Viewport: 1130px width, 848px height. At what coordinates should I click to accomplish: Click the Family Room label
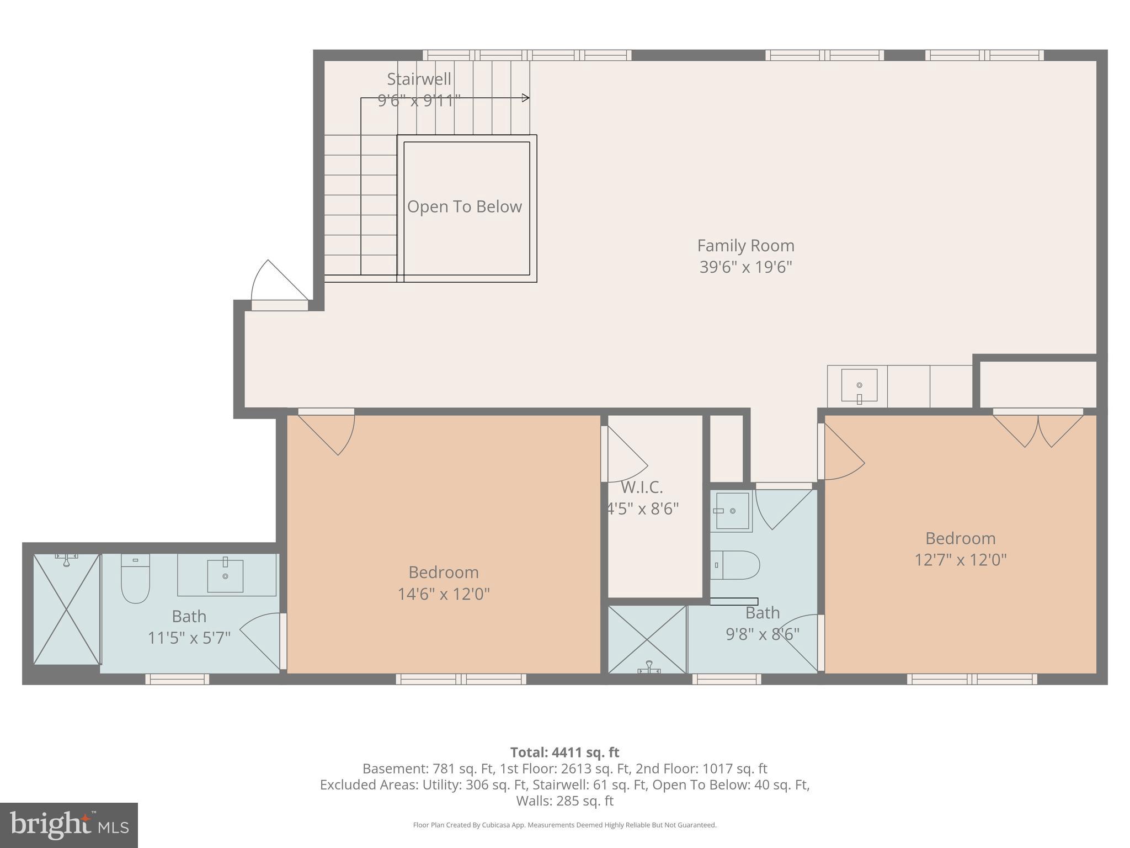pos(745,246)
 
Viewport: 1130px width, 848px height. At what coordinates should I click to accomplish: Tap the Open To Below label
pos(464,206)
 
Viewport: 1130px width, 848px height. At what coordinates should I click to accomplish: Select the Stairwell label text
pos(419,79)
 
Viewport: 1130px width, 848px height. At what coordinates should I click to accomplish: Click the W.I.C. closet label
pos(642,487)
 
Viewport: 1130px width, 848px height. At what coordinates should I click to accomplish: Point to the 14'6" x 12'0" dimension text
pos(444,594)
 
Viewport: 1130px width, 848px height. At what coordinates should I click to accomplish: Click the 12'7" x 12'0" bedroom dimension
pos(960,560)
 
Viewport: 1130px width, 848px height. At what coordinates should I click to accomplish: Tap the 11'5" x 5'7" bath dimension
pos(189,638)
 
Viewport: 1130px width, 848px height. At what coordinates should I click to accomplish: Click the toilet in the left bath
pos(135,580)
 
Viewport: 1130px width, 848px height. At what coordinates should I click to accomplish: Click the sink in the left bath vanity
pos(225,575)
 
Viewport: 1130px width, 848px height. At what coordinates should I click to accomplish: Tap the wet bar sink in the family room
pos(859,385)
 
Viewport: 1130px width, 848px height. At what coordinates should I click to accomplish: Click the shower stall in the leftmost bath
pos(67,609)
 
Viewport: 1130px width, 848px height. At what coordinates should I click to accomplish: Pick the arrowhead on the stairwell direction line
pos(526,98)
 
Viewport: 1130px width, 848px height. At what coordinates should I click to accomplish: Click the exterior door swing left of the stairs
pos(276,283)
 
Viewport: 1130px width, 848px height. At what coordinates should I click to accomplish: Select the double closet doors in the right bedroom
pos(1038,430)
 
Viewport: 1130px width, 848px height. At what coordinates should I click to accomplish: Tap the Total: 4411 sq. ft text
pos(564,752)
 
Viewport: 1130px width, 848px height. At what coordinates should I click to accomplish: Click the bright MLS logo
pos(69,825)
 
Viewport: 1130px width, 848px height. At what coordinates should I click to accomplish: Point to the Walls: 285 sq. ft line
pos(564,801)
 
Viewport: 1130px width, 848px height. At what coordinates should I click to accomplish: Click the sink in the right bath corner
pos(732,511)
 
